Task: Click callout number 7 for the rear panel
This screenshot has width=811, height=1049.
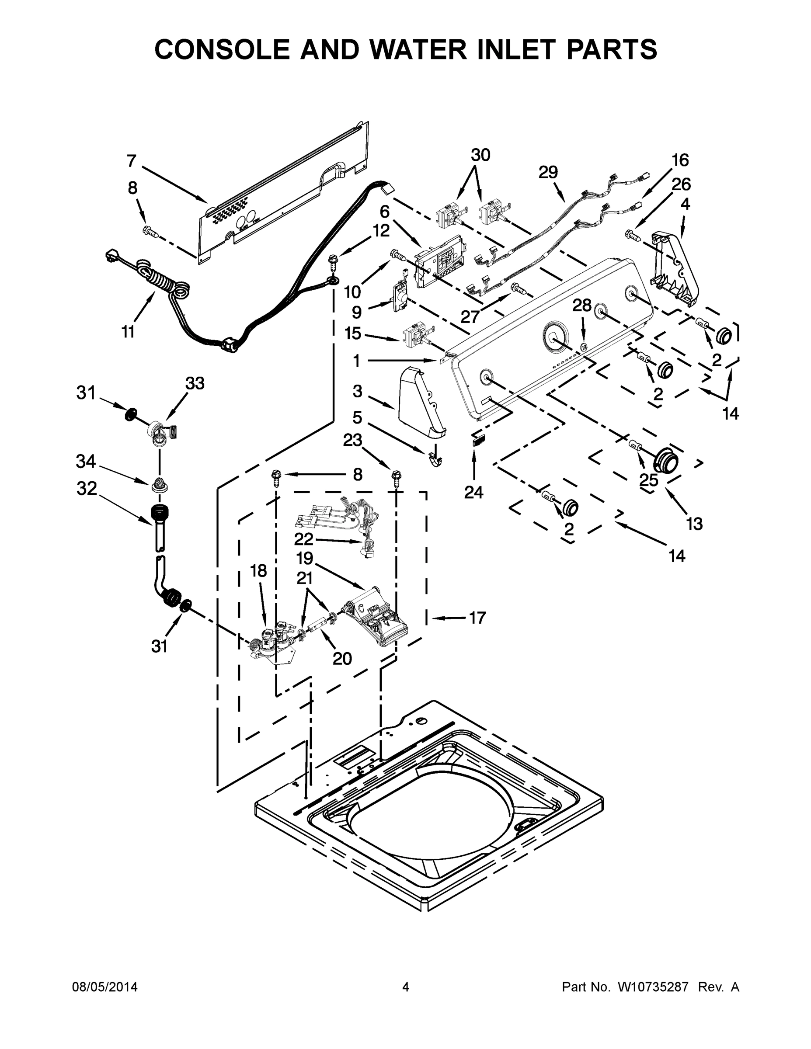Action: click(x=131, y=161)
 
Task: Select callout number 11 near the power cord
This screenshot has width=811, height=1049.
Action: click(x=128, y=331)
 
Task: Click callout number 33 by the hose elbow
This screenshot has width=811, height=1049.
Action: click(x=195, y=383)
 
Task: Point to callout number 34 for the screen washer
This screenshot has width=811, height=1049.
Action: click(x=86, y=462)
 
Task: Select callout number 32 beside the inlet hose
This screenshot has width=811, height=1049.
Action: click(x=87, y=489)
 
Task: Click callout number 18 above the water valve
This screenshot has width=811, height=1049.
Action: click(x=258, y=570)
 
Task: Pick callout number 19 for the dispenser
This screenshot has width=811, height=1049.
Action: click(x=305, y=558)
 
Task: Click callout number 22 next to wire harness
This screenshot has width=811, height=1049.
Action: click(x=304, y=539)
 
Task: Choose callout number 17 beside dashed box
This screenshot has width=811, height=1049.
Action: click(x=477, y=618)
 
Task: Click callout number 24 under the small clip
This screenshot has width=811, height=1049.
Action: click(x=474, y=492)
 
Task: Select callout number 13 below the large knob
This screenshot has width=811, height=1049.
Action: click(x=695, y=524)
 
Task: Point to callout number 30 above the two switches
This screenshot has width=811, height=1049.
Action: click(x=480, y=155)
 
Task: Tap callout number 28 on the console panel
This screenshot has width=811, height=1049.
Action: click(x=582, y=305)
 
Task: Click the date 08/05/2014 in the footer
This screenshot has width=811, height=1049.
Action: click(x=105, y=987)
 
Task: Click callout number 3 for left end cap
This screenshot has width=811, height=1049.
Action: click(x=357, y=391)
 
